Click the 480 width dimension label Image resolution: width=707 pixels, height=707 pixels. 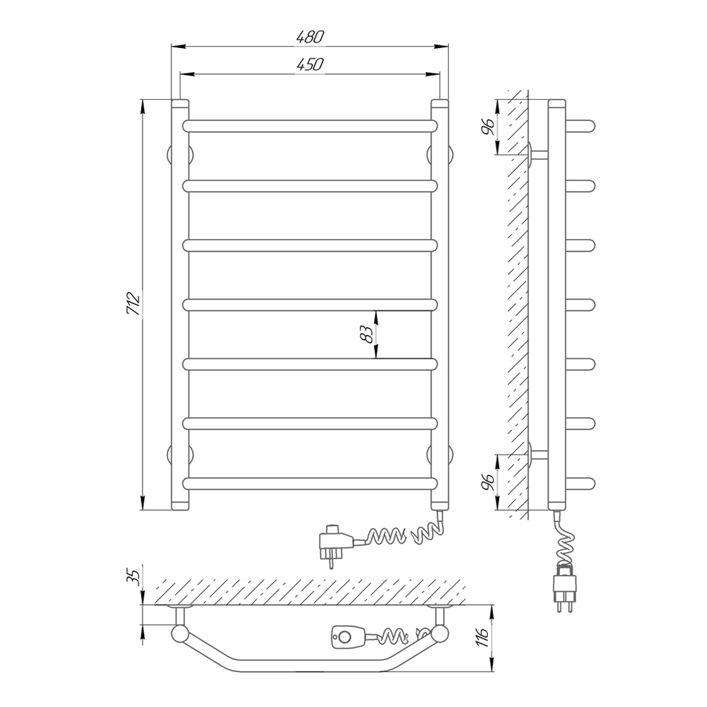[310, 37]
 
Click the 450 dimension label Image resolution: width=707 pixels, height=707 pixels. [310, 64]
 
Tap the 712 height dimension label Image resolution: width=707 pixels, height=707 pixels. [134, 304]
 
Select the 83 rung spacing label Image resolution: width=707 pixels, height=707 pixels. [369, 334]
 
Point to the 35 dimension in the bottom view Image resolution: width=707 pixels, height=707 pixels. [134, 578]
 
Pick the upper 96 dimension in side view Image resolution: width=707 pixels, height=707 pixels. [488, 127]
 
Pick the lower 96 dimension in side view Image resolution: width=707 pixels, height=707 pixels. [488, 482]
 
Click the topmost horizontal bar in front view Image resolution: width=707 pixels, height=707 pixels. [310, 126]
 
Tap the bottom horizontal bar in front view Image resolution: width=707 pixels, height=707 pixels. [310, 484]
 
